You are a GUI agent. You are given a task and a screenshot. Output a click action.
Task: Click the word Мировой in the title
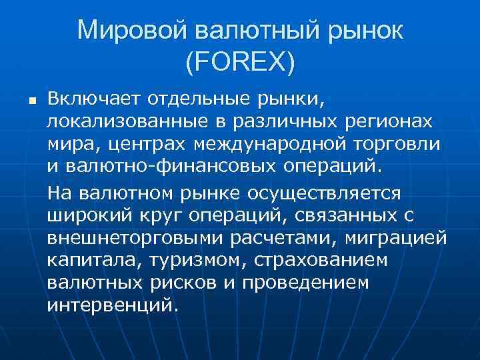(x=132, y=31)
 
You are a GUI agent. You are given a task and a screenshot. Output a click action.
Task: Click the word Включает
(x=91, y=100)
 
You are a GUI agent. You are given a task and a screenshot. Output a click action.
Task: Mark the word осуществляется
(x=324, y=193)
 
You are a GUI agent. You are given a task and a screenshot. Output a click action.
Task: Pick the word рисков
(x=183, y=283)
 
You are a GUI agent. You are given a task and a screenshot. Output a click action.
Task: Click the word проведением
(x=307, y=283)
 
